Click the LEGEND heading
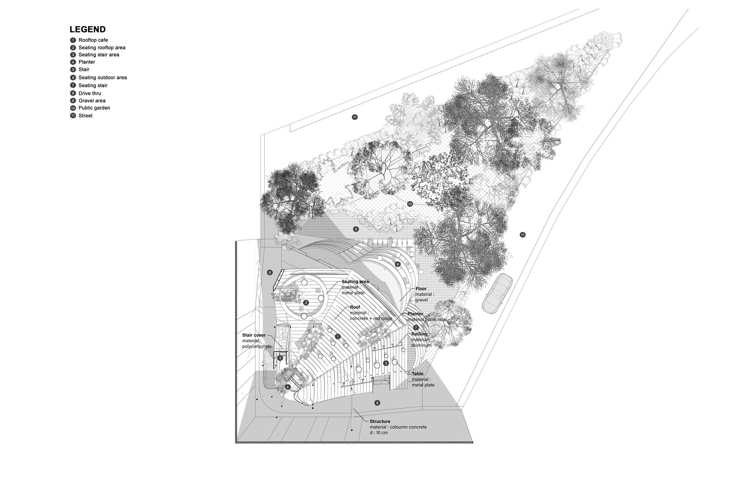[x=87, y=29]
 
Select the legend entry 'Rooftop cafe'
[x=93, y=40]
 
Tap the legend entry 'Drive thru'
[x=90, y=93]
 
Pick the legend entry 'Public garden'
[x=94, y=108]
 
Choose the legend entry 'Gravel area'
[x=92, y=101]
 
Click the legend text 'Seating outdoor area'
[x=102, y=78]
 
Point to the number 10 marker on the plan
[x=410, y=204]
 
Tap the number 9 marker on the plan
[x=356, y=229]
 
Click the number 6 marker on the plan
[x=398, y=264]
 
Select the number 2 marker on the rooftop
[x=306, y=303]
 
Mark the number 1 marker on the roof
[x=338, y=336]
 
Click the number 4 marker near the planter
[x=288, y=387]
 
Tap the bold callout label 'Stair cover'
[x=254, y=335]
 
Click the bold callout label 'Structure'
[x=380, y=422]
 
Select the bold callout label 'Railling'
[x=419, y=334]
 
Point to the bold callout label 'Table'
[x=418, y=374]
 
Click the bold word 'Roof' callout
[x=355, y=307]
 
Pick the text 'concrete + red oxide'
[x=371, y=318]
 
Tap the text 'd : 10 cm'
[x=379, y=433]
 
